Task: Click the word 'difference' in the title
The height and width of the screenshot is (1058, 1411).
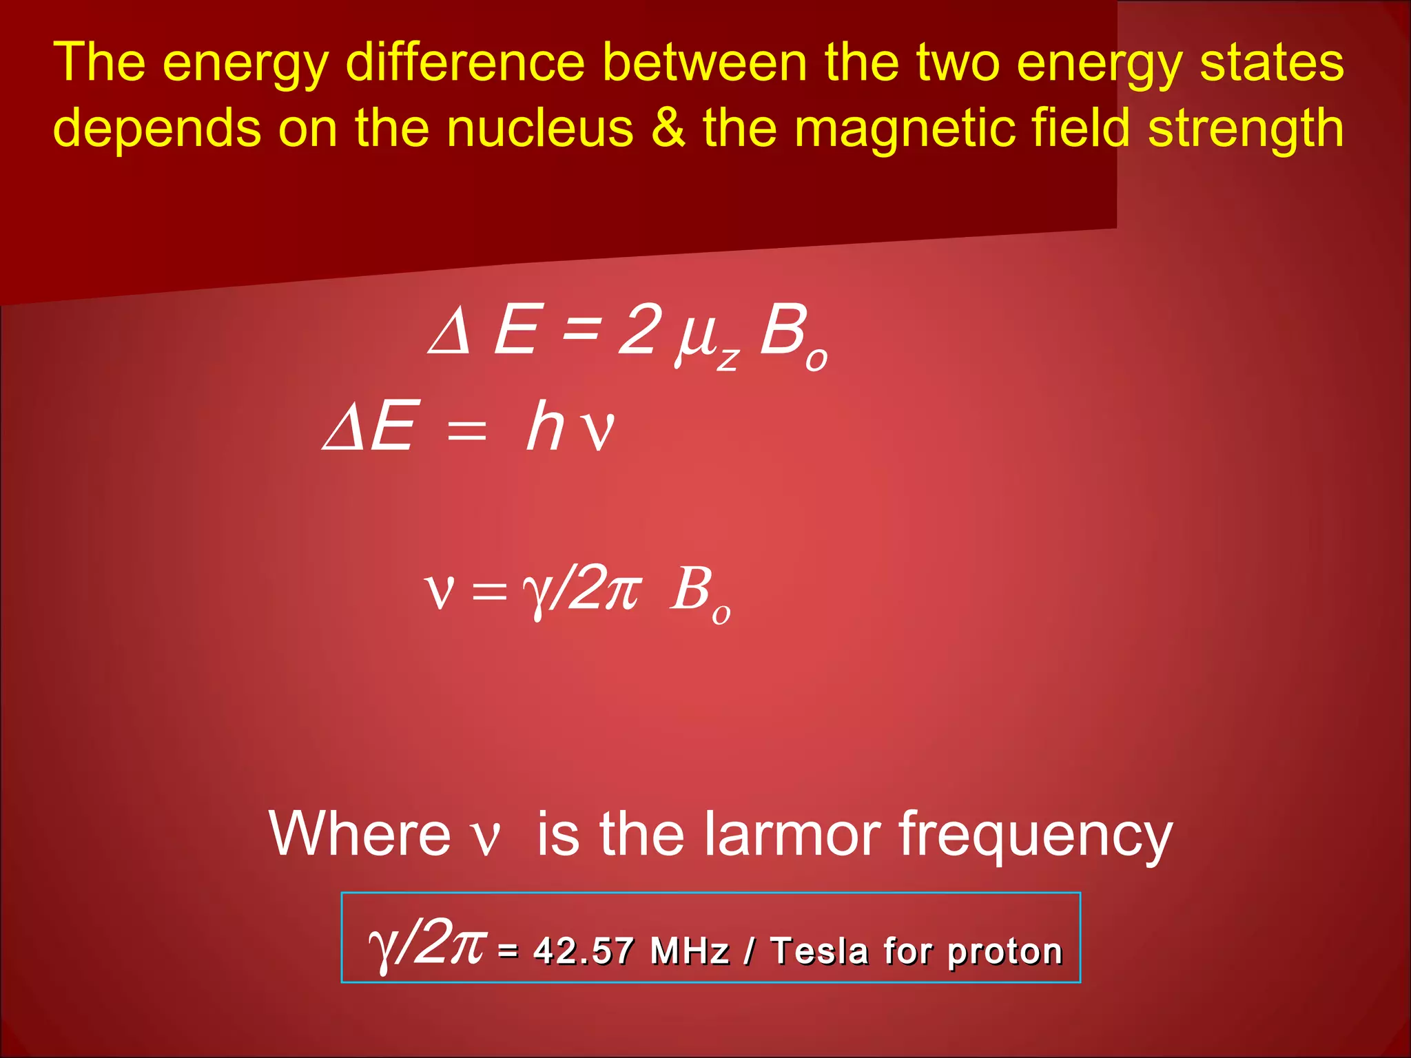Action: [x=464, y=62]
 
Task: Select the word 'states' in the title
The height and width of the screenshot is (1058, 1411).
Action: [x=1272, y=62]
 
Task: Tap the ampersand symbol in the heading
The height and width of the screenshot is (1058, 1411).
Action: [x=668, y=128]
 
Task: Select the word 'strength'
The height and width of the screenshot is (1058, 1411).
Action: [x=1246, y=128]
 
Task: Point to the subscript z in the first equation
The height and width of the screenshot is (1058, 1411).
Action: [x=728, y=358]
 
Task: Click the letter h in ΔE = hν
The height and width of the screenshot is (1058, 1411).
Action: [x=546, y=427]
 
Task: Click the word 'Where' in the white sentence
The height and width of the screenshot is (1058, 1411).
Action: [x=359, y=833]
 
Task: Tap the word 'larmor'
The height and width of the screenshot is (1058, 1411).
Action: [x=792, y=833]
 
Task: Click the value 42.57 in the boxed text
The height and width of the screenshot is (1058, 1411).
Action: [x=583, y=951]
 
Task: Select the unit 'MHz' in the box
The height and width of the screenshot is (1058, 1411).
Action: [x=689, y=951]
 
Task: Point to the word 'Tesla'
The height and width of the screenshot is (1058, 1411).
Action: [x=820, y=951]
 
